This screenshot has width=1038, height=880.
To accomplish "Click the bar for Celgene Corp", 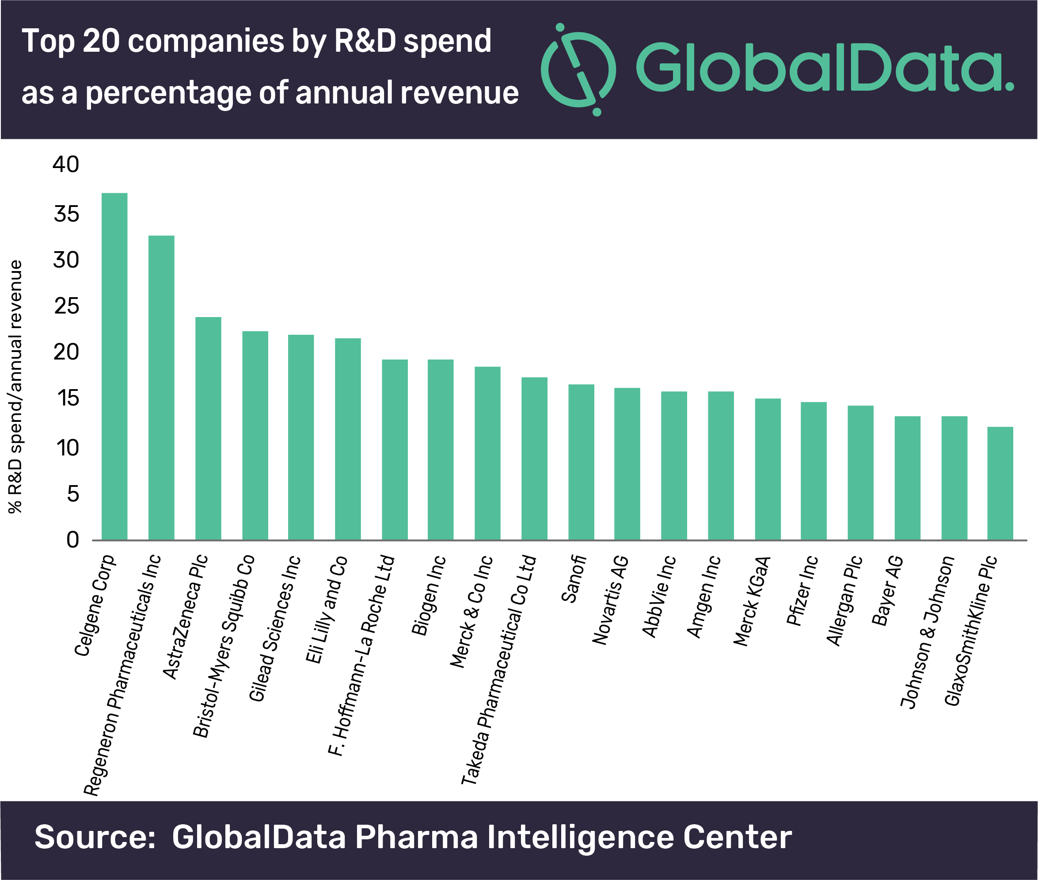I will tap(114, 366).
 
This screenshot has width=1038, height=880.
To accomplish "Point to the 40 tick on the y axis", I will tap(66, 165).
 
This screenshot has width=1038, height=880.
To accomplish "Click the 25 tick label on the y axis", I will tap(66, 306).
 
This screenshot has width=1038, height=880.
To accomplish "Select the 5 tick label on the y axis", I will tap(73, 494).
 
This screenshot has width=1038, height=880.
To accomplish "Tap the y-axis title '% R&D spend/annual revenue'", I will tap(15, 386).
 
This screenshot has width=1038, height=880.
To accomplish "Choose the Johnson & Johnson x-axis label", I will tap(928, 631).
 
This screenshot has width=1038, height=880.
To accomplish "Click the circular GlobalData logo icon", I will tap(578, 69).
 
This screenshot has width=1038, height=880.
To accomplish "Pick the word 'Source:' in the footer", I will tap(95, 837).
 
